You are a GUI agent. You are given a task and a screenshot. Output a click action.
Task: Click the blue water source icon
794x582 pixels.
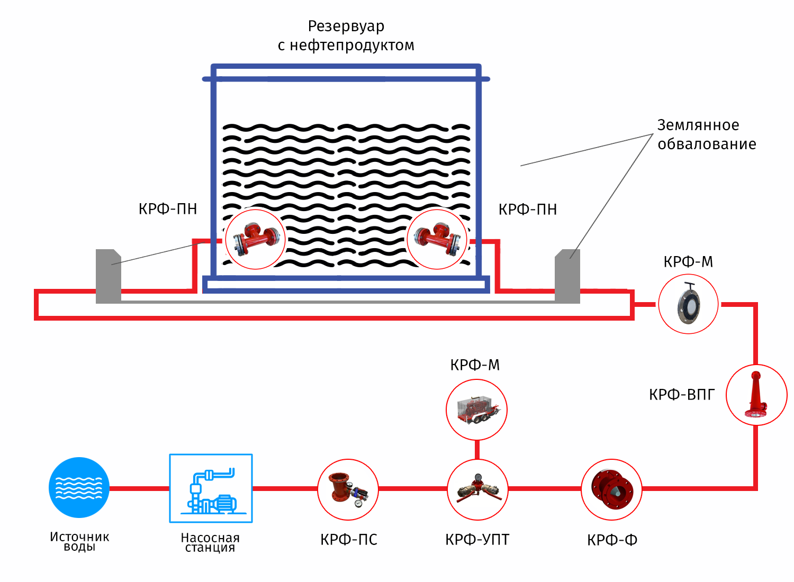click(x=79, y=487)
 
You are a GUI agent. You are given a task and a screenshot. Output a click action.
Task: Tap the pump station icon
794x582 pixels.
click(x=211, y=488)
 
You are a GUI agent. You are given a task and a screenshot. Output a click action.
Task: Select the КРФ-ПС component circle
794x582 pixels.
click(x=348, y=489)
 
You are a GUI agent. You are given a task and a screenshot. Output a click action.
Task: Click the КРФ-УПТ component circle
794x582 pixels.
click(x=477, y=489)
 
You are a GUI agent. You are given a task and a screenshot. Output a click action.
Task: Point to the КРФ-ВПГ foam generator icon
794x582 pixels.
click(x=756, y=395)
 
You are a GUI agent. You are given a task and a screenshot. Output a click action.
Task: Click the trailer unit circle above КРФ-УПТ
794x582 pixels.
click(x=476, y=410)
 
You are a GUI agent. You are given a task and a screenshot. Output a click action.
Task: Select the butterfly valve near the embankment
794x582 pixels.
click(x=688, y=304)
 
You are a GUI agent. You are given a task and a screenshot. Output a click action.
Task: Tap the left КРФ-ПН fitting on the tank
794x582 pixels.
click(x=256, y=239)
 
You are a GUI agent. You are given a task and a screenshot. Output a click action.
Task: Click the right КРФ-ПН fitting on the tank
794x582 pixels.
click(x=437, y=239)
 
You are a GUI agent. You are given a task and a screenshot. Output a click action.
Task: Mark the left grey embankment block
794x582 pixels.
click(x=109, y=276)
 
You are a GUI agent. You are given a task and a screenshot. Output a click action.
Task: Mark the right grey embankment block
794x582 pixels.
click(x=567, y=276)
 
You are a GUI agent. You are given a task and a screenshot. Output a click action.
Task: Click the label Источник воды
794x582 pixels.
click(x=79, y=541)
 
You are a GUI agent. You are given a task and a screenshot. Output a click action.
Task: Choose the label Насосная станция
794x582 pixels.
click(x=210, y=542)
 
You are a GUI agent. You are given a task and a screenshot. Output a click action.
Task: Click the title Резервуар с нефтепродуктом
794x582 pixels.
click(x=346, y=35)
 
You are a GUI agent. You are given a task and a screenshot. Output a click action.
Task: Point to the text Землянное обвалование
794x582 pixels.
click(x=706, y=134)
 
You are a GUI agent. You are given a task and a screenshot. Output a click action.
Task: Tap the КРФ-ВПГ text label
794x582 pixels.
click(x=682, y=395)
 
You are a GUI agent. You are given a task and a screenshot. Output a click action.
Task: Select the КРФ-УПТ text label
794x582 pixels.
click(x=477, y=540)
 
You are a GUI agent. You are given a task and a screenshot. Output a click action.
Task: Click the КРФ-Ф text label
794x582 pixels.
click(x=612, y=540)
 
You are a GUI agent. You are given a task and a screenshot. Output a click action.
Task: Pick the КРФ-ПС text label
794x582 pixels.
click(x=349, y=540)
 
